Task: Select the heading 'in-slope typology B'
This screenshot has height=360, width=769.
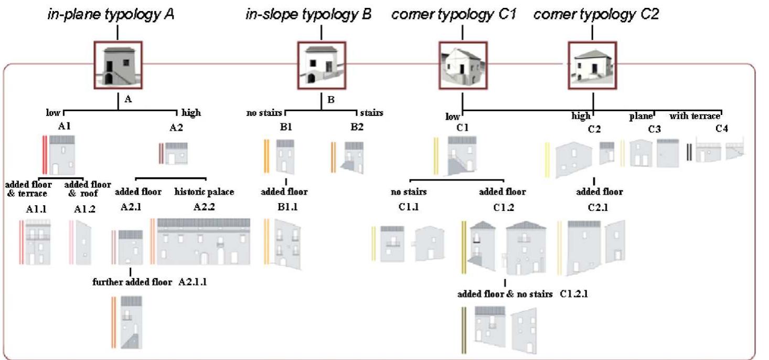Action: (308, 14)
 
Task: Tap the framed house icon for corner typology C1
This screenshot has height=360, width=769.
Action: (462, 66)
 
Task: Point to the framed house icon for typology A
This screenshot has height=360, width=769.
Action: (118, 66)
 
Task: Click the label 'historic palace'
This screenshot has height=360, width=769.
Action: (204, 192)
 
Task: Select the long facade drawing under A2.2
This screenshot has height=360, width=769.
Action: (204, 242)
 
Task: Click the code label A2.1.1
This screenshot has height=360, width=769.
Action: (197, 282)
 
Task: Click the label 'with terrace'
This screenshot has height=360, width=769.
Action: (695, 116)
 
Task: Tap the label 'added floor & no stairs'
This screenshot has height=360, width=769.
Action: (505, 294)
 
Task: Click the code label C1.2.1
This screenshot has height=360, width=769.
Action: (574, 294)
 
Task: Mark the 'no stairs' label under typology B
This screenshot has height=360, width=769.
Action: (265, 112)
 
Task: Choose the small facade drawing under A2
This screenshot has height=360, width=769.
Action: (176, 153)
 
